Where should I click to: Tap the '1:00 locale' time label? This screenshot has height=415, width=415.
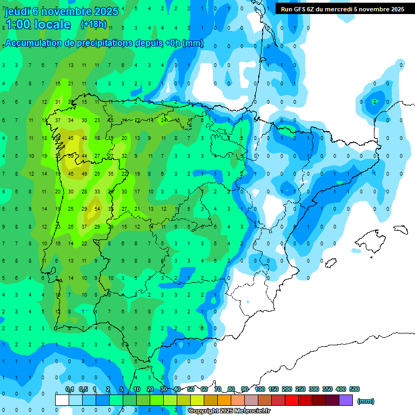pos(38,24)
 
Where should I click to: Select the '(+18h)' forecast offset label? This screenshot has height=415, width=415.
pos(93,24)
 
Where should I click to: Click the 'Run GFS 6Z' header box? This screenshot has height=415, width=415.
pos(343,9)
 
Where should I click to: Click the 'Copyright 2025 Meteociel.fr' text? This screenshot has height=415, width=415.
pos(229,411)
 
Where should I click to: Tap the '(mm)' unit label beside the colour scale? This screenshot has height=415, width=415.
pos(366,401)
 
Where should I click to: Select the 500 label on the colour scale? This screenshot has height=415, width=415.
pos(354,389)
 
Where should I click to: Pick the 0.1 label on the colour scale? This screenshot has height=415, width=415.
pos(70,389)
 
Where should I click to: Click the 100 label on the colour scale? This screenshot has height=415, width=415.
pos(259,389)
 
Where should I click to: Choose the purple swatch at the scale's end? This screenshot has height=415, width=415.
pos(346,400)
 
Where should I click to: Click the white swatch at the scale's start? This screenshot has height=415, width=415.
pos(62,400)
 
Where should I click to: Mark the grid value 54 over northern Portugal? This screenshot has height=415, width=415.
pos(97,209)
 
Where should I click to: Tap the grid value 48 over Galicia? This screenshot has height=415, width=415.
pos(84,138)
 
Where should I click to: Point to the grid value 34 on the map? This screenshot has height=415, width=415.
pos(71,120)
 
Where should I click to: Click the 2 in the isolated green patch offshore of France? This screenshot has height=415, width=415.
pos(374,102)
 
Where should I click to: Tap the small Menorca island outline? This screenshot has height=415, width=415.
pos(400,230)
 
